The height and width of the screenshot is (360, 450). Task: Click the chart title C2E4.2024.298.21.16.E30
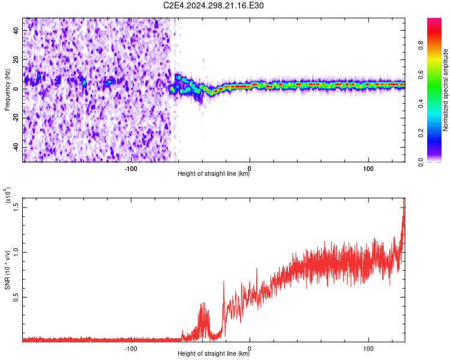(x=214, y=5)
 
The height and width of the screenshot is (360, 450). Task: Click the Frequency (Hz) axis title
(x=8, y=90)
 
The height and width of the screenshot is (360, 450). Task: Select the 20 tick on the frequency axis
(x=17, y=59)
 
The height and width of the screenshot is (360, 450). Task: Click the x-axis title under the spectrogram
(x=214, y=174)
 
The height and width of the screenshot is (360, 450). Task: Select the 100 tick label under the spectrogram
(x=368, y=167)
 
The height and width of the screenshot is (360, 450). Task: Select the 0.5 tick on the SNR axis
(x=17, y=296)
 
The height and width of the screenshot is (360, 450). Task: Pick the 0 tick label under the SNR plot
(x=250, y=347)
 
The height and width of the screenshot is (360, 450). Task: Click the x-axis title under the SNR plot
(x=214, y=354)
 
